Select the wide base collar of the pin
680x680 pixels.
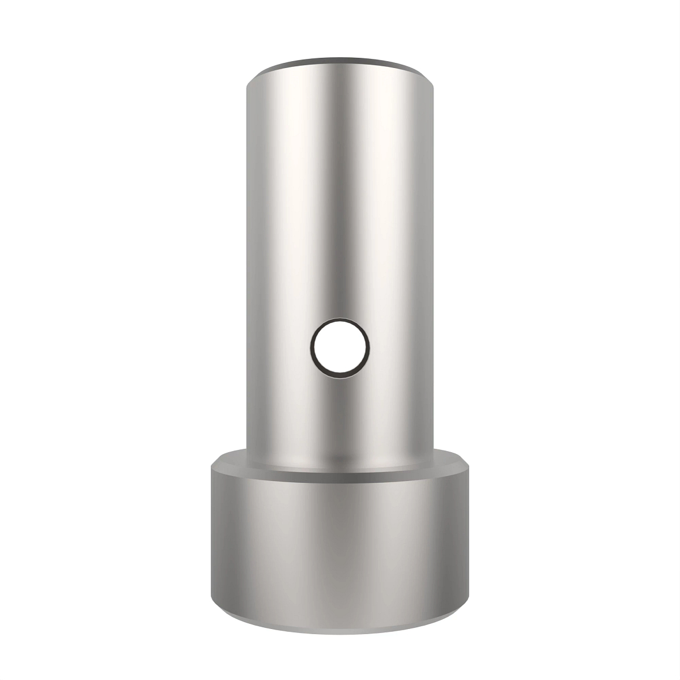point(340,544)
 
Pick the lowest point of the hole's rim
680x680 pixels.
point(339,377)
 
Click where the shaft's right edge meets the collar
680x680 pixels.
point(434,450)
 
